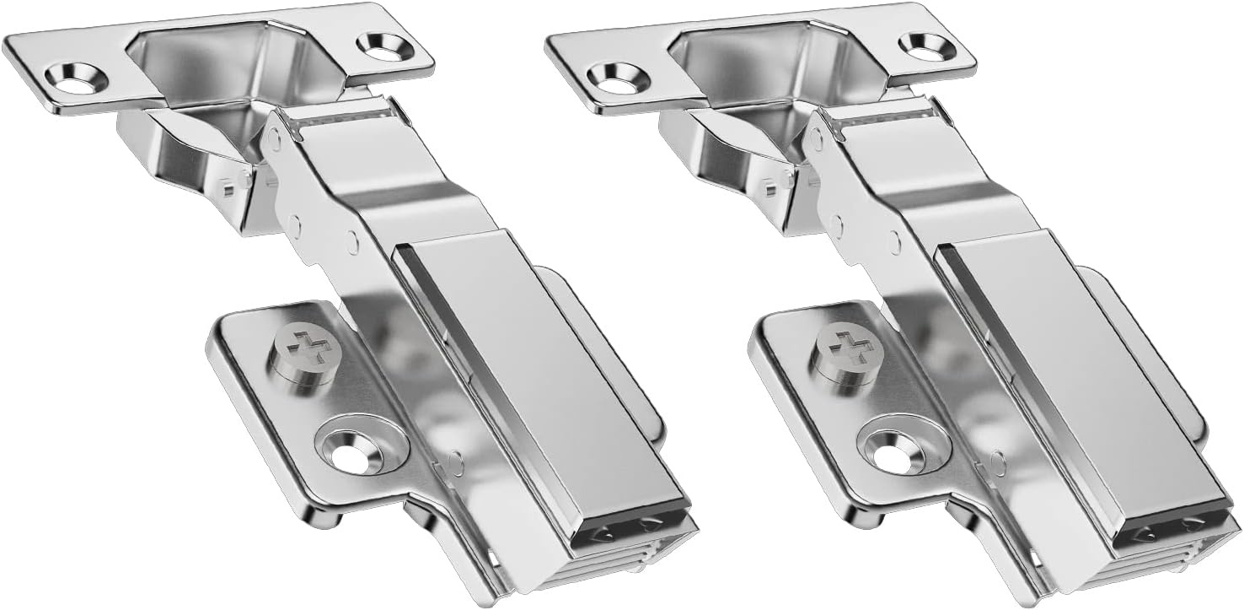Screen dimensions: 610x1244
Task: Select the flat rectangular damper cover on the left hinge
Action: [531, 380]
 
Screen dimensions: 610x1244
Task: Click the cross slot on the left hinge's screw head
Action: [304, 345]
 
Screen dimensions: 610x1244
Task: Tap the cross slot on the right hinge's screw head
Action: [847, 345]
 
